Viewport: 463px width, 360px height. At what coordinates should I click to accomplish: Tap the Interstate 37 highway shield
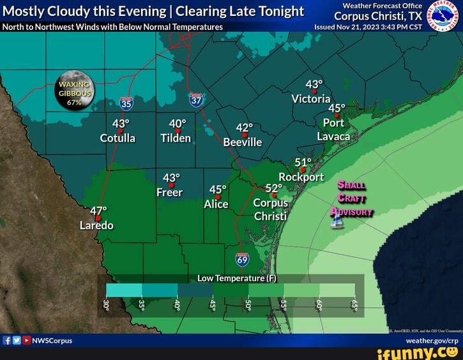[196, 100]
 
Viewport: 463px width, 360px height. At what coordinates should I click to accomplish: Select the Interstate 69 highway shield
[242, 259]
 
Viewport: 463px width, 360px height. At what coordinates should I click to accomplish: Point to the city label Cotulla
[118, 137]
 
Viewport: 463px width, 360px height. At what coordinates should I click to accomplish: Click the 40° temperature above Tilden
[178, 124]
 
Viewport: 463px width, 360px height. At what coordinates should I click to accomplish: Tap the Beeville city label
[243, 142]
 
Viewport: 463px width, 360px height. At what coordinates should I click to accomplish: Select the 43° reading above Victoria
[314, 84]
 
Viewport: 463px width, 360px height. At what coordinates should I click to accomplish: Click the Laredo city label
[96, 225]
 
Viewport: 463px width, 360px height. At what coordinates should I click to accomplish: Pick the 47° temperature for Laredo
[99, 211]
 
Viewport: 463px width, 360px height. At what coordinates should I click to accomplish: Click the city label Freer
[169, 192]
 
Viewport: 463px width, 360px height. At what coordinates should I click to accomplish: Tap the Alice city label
[216, 204]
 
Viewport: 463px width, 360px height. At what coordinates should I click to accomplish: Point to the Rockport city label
[301, 177]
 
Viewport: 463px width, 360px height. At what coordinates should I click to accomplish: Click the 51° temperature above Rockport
[303, 162]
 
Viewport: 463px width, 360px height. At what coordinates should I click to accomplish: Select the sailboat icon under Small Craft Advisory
[337, 221]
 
